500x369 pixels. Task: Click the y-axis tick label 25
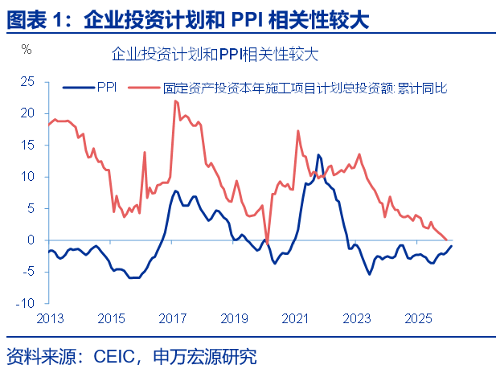coord(28,81)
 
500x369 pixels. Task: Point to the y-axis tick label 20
coord(28,113)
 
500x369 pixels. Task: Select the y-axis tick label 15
coord(28,145)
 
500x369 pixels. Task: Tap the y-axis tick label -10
coord(27,304)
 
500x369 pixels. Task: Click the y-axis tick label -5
coord(29,272)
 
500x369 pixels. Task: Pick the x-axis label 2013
coord(49,318)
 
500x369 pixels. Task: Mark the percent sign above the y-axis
coord(27,50)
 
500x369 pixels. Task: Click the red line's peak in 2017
coord(175,100)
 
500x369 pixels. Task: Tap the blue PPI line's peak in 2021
coord(318,154)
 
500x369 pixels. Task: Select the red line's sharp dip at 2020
coord(268,240)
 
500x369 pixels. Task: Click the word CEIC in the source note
coord(117,355)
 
